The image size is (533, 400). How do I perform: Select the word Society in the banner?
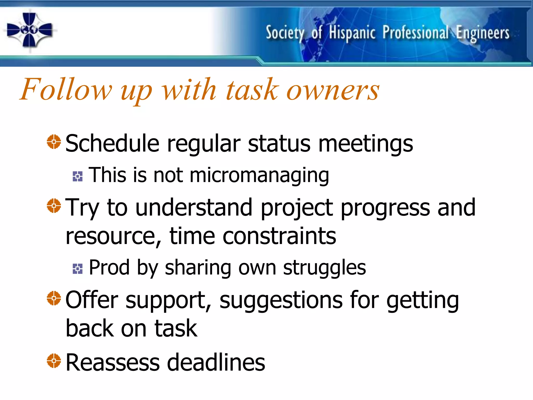coord(285,33)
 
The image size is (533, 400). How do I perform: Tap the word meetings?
coord(365,144)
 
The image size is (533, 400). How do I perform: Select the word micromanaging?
coord(259,175)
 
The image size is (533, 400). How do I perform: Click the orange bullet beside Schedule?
coord(54,142)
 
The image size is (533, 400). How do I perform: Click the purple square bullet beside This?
coord(78,177)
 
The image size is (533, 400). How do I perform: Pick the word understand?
coord(194,207)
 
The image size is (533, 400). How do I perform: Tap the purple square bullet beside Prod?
coord(78,269)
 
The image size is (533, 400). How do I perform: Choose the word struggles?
coord(324,268)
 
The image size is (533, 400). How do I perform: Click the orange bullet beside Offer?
coord(54,298)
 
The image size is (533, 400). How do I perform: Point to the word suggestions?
coord(281,300)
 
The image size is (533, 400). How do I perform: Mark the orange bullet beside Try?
coord(54,206)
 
